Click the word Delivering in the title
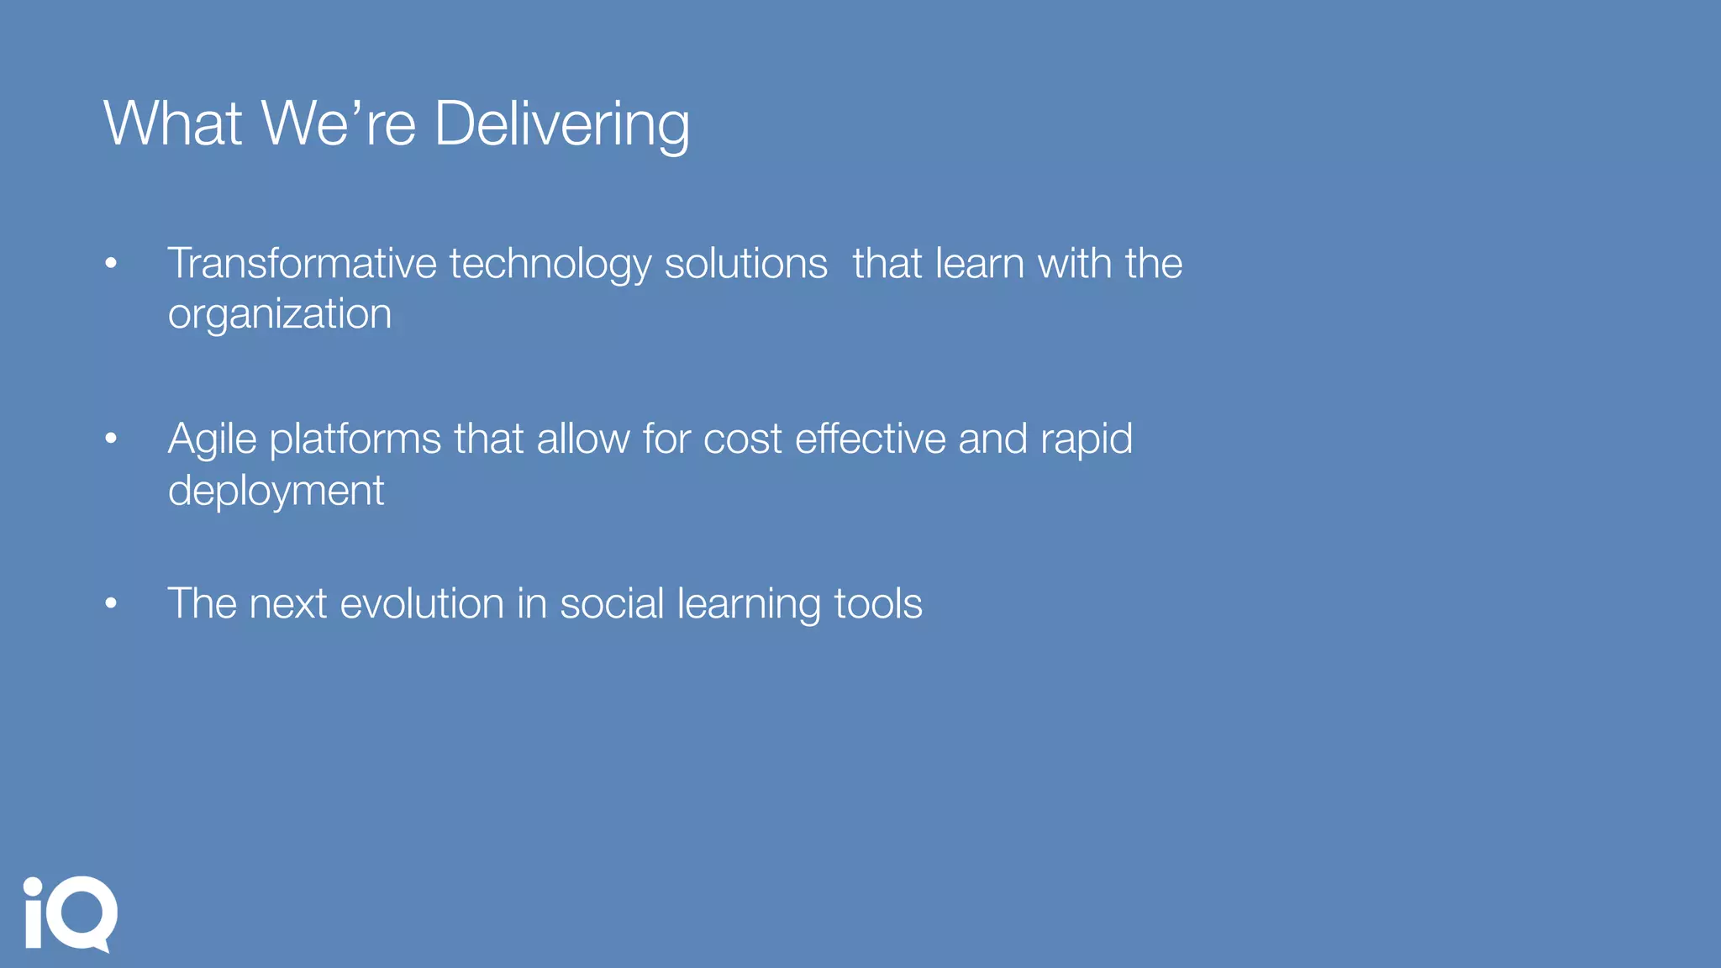pos(561,124)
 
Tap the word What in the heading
pos(173,124)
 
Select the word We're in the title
pos(338,124)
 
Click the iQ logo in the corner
pos(71,914)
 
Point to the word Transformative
pos(302,264)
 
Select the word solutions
pos(745,264)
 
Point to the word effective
pos(870,439)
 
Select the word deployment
pos(276,492)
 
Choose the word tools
pos(877,604)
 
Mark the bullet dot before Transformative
pos(111,264)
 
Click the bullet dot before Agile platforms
pos(111,439)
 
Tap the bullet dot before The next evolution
pos(111,603)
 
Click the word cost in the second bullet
pos(742,439)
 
